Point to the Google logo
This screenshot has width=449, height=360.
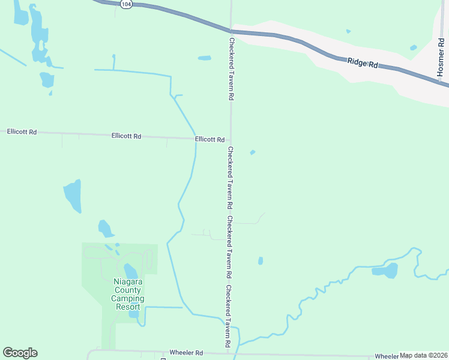pos(20,352)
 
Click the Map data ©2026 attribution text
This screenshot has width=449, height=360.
pos(424,355)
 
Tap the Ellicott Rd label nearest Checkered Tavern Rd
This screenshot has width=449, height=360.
pos(209,139)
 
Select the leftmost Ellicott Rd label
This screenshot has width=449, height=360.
pos(22,131)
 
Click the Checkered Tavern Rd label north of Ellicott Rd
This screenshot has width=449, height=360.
pos(231,69)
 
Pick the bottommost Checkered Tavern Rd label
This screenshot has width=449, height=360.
pos(229,317)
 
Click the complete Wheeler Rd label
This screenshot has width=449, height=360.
pos(187,353)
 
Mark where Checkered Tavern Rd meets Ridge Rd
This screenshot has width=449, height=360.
pos(231,31)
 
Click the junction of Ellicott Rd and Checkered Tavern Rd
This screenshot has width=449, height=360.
pos(230,139)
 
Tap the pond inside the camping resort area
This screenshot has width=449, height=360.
pos(131,272)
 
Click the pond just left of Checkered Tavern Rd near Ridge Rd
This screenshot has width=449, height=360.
pos(205,58)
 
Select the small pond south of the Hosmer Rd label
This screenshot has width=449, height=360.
pos(413,47)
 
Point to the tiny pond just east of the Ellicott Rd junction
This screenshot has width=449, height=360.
pos(253,152)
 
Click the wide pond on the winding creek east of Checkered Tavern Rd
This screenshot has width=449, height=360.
pos(385,271)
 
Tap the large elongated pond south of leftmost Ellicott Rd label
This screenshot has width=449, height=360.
pos(73,196)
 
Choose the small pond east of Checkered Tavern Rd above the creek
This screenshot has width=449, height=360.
pos(261,260)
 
